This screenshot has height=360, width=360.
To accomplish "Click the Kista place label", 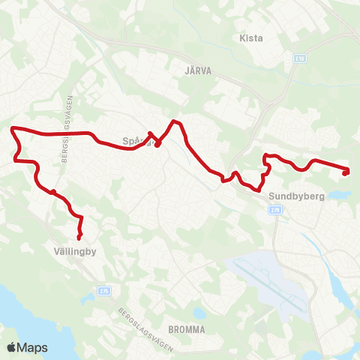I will pyautogui.click(x=250, y=37).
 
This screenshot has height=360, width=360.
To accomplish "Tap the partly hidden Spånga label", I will pyautogui.click(x=133, y=140).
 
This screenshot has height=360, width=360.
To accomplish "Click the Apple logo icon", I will pyautogui.click(x=12, y=347).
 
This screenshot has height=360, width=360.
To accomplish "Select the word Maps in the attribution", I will pyautogui.click(x=33, y=347).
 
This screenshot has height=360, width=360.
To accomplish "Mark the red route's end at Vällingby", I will pyautogui.click(x=79, y=238).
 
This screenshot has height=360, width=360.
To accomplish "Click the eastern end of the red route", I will pyautogui.click(x=346, y=172).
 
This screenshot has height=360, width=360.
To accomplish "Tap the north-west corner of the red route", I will pyautogui.click(x=12, y=130).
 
